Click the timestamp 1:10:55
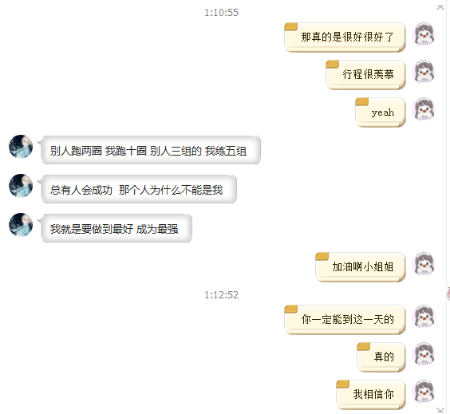coord(221,13)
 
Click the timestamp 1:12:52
coord(221,295)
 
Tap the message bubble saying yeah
coord(381,112)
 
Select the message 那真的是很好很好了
coord(345,37)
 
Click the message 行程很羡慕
coord(365,75)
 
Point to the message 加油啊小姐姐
coord(361,266)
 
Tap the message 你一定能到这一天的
coord(345,319)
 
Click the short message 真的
coord(381,357)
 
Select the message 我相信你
coord(371,395)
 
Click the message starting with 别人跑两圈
coord(151,150)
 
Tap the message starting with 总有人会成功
coord(139,189)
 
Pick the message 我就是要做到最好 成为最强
coord(116,228)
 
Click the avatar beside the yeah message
coord(424,108)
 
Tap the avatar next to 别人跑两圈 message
coord(21,147)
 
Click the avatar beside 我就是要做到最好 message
coord(21,225)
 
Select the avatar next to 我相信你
coord(424,391)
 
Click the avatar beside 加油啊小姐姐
coord(424,264)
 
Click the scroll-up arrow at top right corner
coord(440,8)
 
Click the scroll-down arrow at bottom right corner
coord(440,410)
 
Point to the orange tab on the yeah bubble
coord(362,101)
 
